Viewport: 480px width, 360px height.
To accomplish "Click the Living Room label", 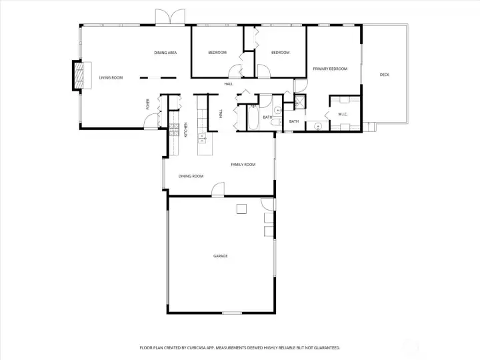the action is click(x=111, y=78).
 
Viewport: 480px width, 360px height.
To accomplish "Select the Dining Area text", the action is click(x=165, y=53).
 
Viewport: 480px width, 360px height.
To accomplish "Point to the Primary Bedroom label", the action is click(x=330, y=69).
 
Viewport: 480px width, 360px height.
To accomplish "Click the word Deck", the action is click(x=385, y=75).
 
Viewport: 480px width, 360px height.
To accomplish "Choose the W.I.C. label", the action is click(x=343, y=115).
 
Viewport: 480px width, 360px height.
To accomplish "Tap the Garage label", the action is click(x=221, y=256).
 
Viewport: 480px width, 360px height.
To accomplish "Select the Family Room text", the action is click(x=243, y=165).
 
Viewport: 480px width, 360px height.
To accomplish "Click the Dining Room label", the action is click(x=191, y=176).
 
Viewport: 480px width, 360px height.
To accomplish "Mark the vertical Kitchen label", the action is click(x=185, y=130).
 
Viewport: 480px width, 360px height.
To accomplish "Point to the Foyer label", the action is click(x=148, y=104).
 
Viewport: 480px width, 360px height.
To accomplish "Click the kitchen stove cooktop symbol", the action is click(x=174, y=129).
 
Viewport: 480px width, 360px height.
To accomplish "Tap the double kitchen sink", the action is click(x=202, y=139).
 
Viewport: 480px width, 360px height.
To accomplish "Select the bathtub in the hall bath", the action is click(x=253, y=117).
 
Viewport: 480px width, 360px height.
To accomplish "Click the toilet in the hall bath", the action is click(x=277, y=123).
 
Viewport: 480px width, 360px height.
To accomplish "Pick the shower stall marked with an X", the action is click(x=299, y=102).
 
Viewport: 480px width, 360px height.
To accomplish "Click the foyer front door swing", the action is click(x=151, y=121).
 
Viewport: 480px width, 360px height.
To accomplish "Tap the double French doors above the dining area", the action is click(x=170, y=17).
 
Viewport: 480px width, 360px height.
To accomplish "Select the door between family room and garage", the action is click(x=218, y=189).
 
